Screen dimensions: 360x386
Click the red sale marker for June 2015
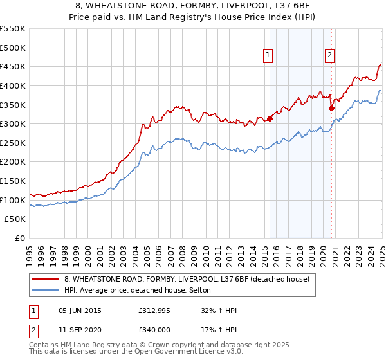[270, 118]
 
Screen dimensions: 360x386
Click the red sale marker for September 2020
[332, 108]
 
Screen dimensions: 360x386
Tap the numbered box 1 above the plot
[267, 56]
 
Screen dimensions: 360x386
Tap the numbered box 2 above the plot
[329, 56]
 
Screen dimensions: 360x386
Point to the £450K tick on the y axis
[13, 66]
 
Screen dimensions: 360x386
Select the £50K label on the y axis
[15, 219]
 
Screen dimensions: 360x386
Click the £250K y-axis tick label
[13, 143]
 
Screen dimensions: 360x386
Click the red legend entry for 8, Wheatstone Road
[187, 279]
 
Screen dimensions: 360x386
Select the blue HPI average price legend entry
[142, 291]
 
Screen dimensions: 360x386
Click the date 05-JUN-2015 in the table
[80, 310]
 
